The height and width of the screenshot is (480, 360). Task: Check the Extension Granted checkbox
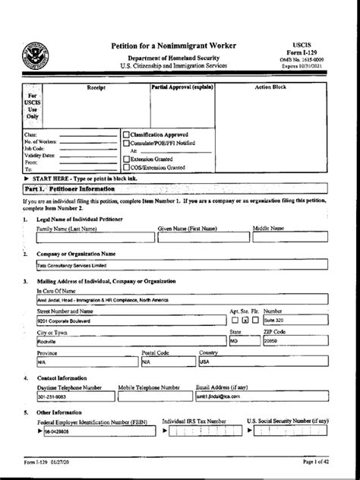coord(126,159)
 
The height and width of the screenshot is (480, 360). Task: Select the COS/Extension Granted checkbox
coord(126,167)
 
